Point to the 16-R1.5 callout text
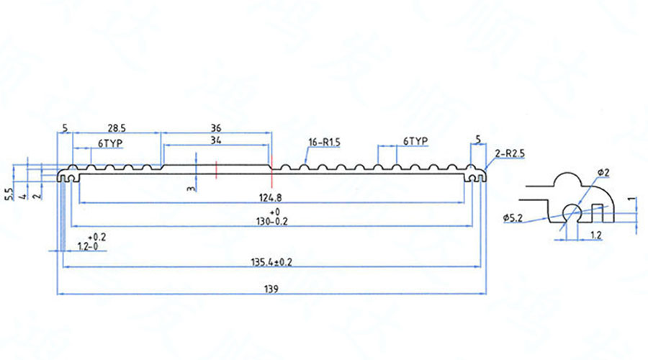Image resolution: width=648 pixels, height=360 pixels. point(323,142)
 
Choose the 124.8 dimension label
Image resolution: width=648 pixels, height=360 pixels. point(269,197)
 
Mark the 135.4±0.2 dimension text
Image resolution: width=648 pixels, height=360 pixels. point(270,262)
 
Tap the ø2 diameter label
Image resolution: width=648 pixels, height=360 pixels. point(603,173)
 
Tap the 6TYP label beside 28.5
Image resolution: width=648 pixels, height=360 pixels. point(110,143)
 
